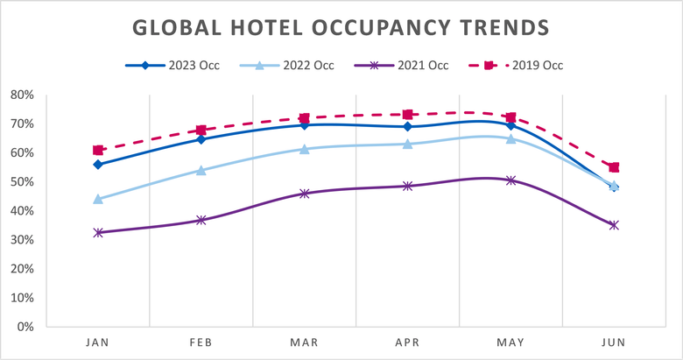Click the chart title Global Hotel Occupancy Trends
(341, 27)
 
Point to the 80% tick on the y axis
(21, 95)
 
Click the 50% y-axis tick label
(21, 181)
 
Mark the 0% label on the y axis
(25, 327)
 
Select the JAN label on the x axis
(98, 343)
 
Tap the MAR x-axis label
(305, 343)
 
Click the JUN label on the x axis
(614, 343)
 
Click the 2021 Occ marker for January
(98, 232)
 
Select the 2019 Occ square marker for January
(98, 151)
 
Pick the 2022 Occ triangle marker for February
(201, 170)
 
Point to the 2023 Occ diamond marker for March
(305, 125)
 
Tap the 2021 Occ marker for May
(511, 180)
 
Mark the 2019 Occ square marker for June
(614, 167)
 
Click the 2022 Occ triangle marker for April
(408, 144)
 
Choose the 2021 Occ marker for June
(614, 225)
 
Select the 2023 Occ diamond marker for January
(98, 165)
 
